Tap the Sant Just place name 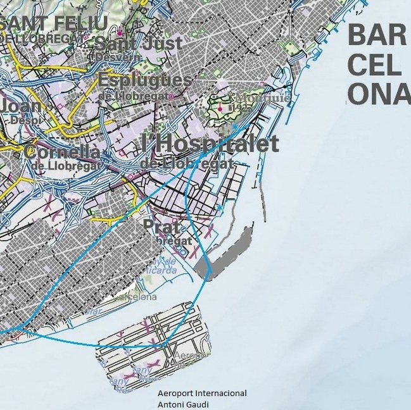137,44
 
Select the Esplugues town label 145,80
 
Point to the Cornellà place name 62,152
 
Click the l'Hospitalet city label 210,144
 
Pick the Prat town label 158,225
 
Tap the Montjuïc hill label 262,98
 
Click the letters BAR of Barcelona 377,35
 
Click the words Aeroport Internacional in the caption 202,394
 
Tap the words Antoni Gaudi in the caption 184,405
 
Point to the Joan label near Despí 20,105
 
